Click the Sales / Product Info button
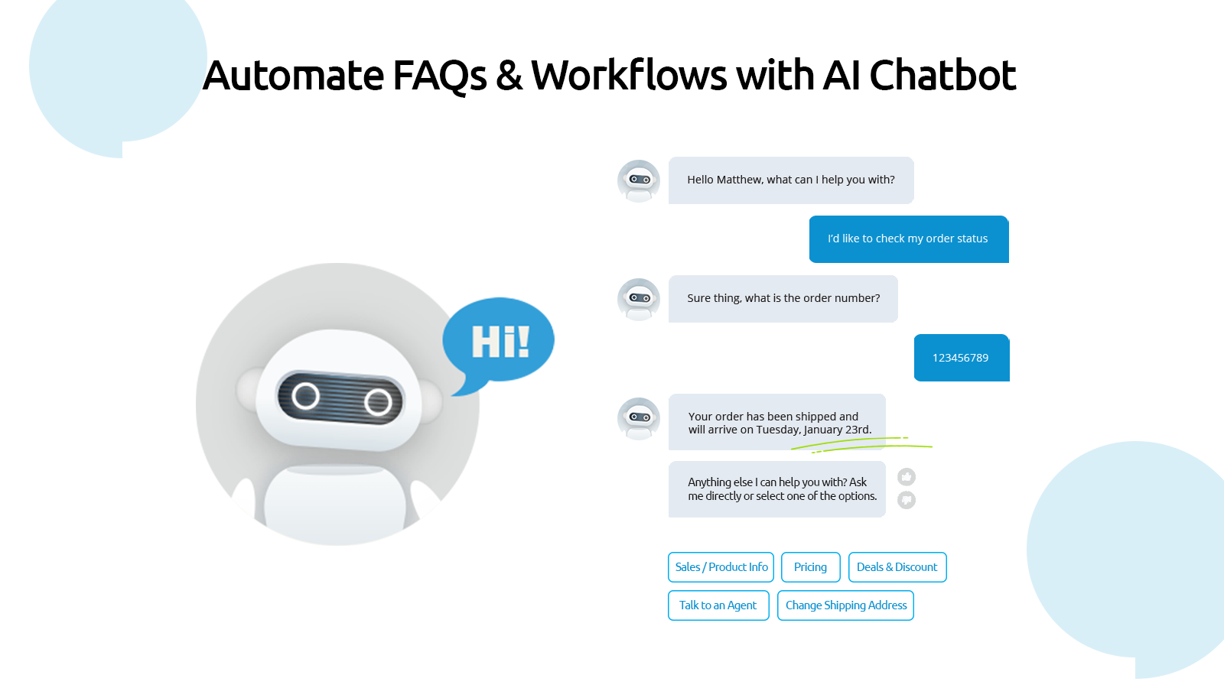click(x=721, y=566)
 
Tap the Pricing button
click(x=810, y=566)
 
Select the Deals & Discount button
click(x=897, y=566)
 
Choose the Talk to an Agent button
click(x=718, y=605)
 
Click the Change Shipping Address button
click(x=845, y=605)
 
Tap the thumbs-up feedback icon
click(x=907, y=477)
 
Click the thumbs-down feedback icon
click(x=907, y=500)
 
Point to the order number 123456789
click(x=961, y=359)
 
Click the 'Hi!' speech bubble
click(x=498, y=341)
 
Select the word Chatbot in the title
click(x=942, y=75)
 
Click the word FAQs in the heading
click(x=439, y=76)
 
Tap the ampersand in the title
click(x=509, y=76)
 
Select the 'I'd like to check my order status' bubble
click(x=909, y=239)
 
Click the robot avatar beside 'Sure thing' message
click(x=639, y=299)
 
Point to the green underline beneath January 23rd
click(x=861, y=445)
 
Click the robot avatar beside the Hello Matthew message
click(x=639, y=180)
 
